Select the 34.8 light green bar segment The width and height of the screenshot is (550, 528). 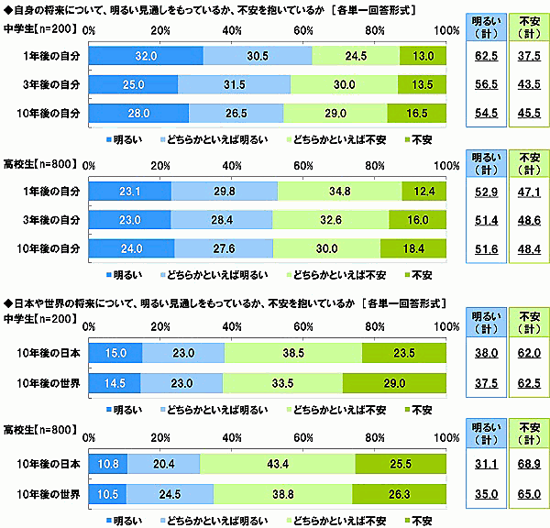pos(339,191)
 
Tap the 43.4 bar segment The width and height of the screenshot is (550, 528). pos(278,464)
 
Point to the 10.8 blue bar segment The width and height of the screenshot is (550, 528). pos(106,464)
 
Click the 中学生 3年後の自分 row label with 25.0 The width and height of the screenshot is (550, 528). pos(49,84)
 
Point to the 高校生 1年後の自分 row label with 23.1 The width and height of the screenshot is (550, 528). pos(49,191)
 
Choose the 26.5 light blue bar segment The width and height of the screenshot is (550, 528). pos(236,114)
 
